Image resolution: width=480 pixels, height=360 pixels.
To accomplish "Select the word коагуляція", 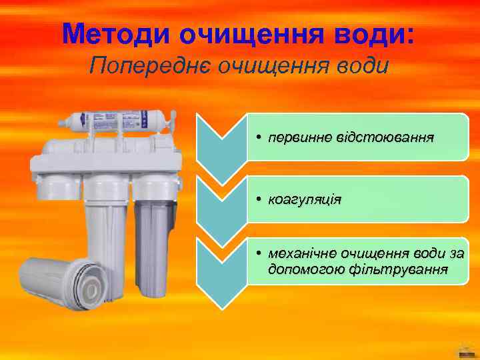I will coord(304,199).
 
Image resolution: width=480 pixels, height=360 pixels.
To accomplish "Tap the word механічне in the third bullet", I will coord(302,254).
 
